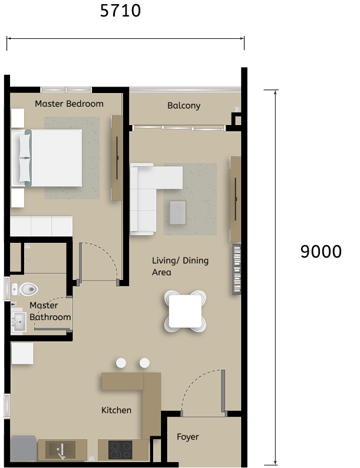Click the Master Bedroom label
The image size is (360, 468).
(69, 104)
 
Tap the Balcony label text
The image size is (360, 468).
(184, 106)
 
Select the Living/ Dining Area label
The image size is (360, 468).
(180, 266)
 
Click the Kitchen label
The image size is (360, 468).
(116, 410)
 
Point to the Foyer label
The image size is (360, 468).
(188, 437)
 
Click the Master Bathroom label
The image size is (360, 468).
(50, 311)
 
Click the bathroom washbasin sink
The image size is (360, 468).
(18, 321)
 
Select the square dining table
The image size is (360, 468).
(185, 311)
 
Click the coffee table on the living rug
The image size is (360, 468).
(178, 212)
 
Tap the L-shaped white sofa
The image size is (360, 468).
(147, 192)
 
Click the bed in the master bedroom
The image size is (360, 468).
(50, 157)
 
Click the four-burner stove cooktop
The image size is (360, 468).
(121, 450)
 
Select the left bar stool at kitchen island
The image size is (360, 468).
(121, 363)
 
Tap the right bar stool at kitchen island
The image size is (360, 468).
(144, 363)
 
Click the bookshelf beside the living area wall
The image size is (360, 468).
(236, 269)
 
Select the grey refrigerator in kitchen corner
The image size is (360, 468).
(23, 448)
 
